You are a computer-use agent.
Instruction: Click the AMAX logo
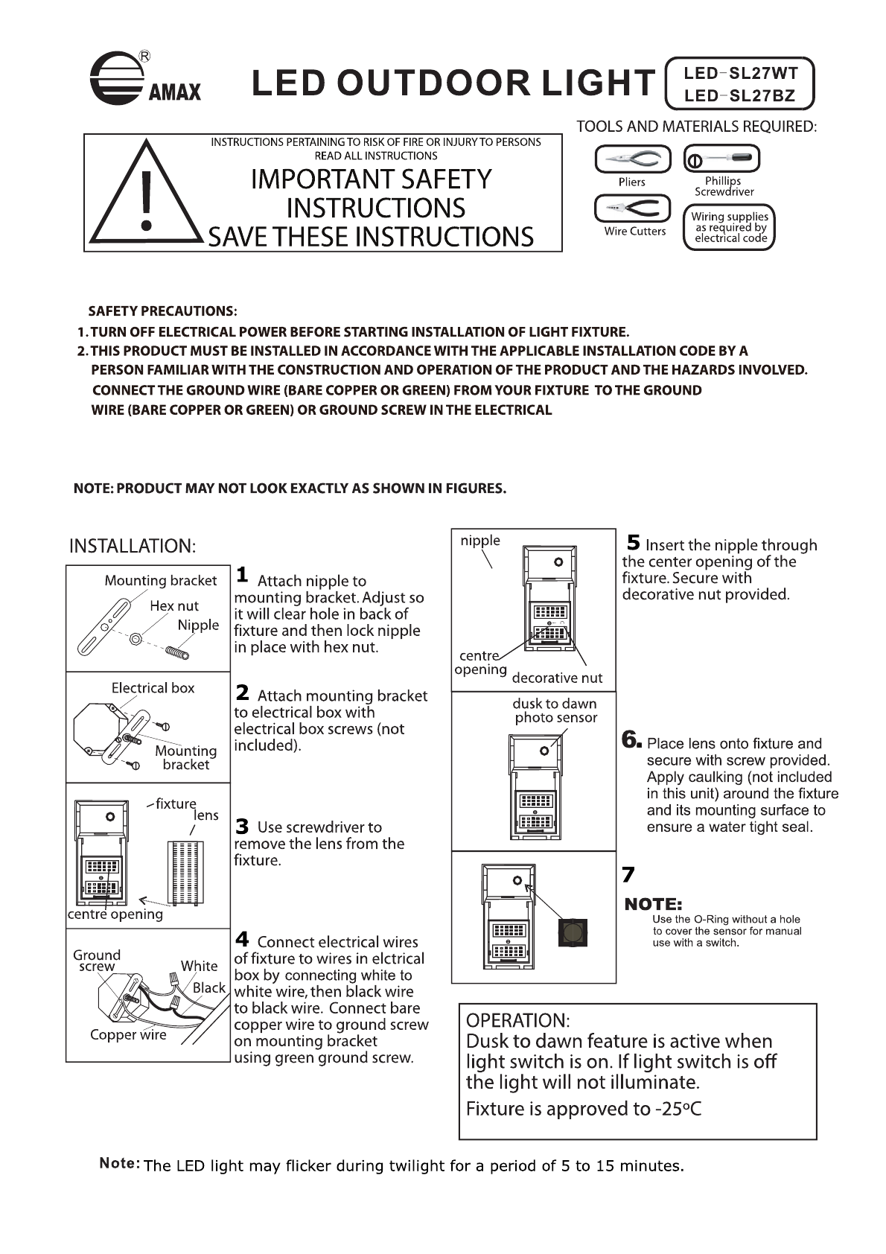[144, 79]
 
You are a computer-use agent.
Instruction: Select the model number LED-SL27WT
[740, 73]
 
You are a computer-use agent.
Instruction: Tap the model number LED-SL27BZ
[740, 95]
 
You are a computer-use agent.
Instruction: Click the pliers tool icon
[633, 159]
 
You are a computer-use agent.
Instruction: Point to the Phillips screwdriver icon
[721, 159]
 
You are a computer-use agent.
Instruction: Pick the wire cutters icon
[633, 208]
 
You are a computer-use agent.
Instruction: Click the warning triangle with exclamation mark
[147, 197]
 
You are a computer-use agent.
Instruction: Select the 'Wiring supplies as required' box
[730, 228]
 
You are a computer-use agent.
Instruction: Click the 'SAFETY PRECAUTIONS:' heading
[162, 311]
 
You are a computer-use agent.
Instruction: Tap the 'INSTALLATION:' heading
[133, 546]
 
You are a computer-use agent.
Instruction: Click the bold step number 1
[242, 574]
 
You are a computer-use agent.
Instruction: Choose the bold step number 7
[628, 874]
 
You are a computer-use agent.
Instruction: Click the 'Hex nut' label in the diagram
[174, 606]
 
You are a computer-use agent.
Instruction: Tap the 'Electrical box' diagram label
[153, 688]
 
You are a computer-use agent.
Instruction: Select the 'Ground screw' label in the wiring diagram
[97, 961]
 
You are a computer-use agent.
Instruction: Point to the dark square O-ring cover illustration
[573, 932]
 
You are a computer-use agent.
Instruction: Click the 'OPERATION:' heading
[518, 1020]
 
